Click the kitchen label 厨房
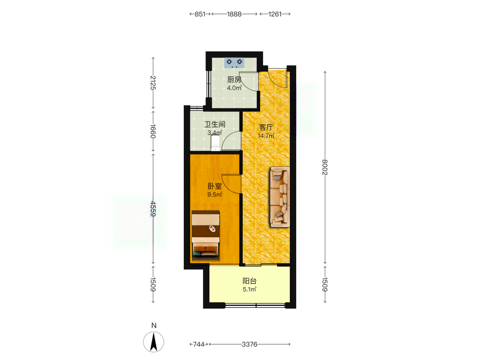click(234, 80)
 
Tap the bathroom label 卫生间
click(215, 124)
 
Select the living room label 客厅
click(266, 127)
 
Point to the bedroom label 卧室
click(215, 186)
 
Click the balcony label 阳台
click(250, 281)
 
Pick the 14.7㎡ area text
click(266, 136)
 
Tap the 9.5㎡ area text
click(215, 194)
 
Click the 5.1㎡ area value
click(250, 289)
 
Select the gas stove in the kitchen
click(235, 63)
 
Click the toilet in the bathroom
click(216, 143)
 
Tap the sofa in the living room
click(280, 197)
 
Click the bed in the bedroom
click(205, 235)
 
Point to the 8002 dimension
click(325, 167)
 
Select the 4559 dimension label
click(153, 208)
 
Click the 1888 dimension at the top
click(234, 14)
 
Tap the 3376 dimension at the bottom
click(250, 344)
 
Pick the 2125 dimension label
click(153, 83)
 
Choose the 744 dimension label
click(199, 344)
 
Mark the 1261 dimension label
click(275, 14)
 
